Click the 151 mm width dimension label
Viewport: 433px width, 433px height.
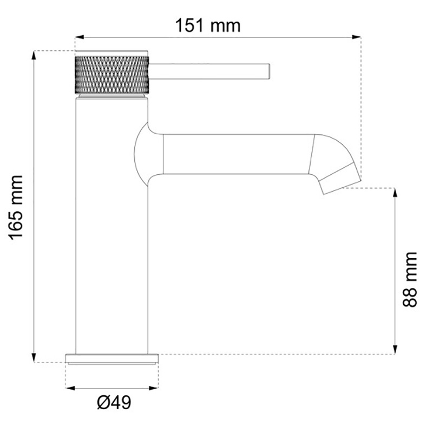tap(208, 25)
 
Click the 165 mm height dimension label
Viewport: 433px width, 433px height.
tap(16, 207)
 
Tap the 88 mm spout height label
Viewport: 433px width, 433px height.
tap(410, 279)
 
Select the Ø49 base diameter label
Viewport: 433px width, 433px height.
tap(114, 403)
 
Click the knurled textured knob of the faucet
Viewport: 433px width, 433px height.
tap(112, 75)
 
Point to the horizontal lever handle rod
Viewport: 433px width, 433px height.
tap(209, 71)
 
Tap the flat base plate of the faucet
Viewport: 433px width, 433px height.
tap(112, 358)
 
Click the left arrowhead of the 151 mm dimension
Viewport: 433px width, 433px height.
tap(79, 37)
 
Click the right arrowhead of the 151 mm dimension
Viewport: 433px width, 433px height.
tap(357, 37)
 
